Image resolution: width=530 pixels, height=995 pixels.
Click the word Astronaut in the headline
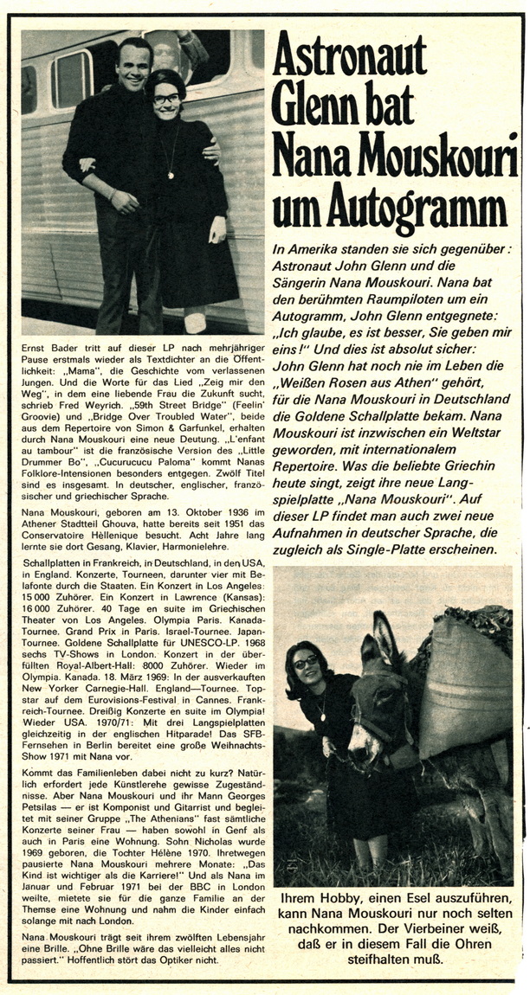tap(350, 59)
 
